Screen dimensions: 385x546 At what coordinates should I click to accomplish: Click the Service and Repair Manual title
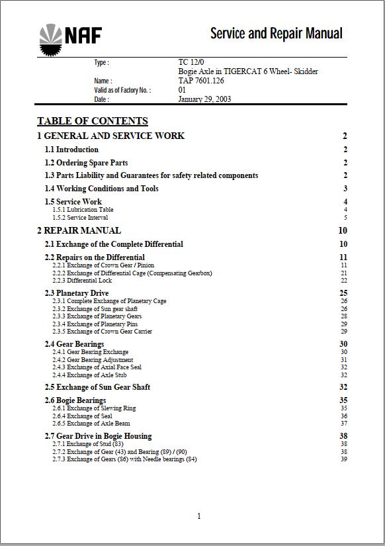click(276, 33)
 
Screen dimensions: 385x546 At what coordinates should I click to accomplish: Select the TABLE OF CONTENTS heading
click(93, 121)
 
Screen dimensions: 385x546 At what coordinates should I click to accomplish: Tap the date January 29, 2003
click(204, 99)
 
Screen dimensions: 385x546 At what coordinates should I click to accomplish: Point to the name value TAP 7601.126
click(201, 81)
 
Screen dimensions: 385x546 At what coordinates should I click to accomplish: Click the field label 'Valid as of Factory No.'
click(122, 90)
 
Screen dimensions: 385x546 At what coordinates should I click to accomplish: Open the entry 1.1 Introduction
click(71, 150)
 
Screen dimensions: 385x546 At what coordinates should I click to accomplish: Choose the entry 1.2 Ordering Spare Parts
click(86, 163)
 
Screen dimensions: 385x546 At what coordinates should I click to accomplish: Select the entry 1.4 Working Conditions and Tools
click(101, 189)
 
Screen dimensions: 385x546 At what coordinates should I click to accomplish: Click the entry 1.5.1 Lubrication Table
click(83, 210)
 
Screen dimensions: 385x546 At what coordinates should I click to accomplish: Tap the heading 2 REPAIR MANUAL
click(79, 231)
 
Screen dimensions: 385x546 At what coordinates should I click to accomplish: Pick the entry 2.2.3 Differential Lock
click(82, 281)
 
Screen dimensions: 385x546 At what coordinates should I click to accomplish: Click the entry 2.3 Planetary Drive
click(77, 293)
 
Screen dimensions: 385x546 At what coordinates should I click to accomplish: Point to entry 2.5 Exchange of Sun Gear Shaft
click(97, 387)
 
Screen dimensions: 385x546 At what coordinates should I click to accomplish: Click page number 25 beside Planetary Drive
click(343, 293)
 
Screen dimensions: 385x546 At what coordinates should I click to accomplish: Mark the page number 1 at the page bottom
click(199, 516)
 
